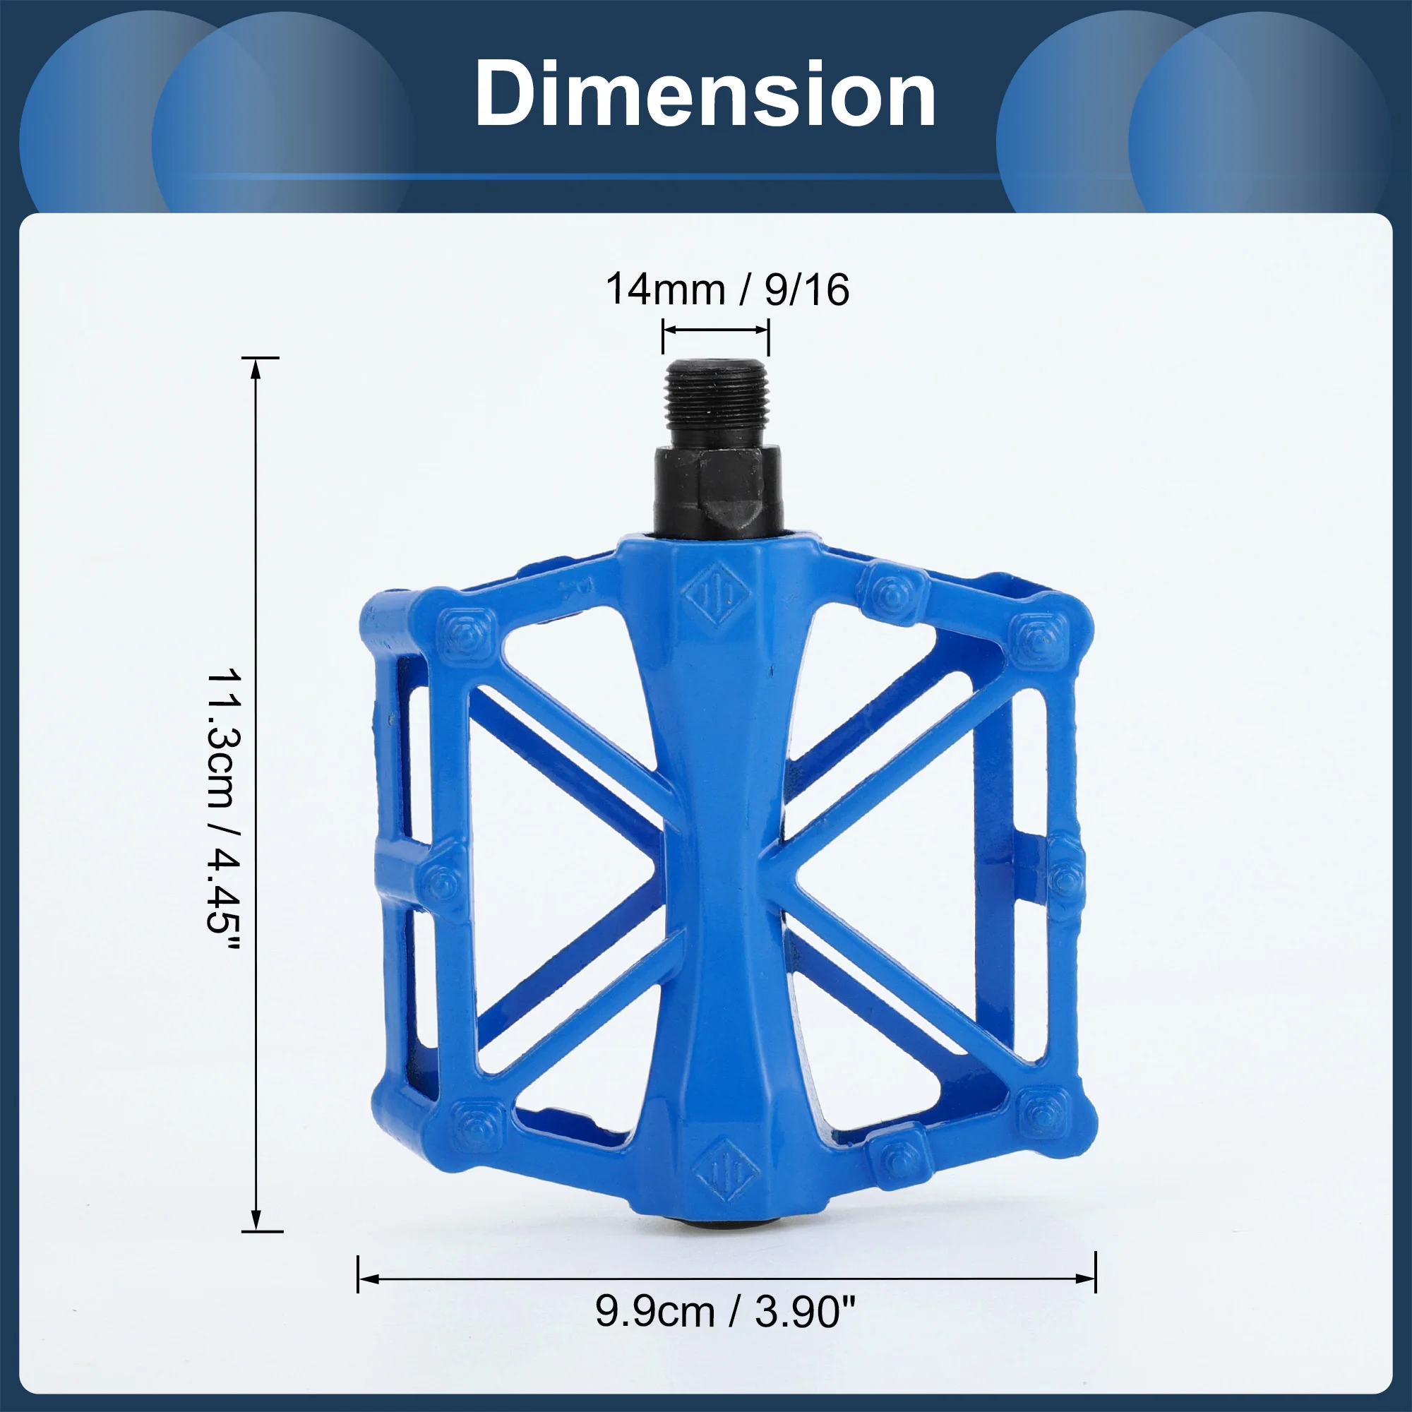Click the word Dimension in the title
click(x=705, y=95)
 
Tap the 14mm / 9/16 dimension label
click(x=727, y=289)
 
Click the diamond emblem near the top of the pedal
click(x=718, y=594)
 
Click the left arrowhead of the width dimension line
click(x=370, y=1279)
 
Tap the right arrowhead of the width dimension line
click(x=1086, y=1279)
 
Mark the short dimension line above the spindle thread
click(x=715, y=330)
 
